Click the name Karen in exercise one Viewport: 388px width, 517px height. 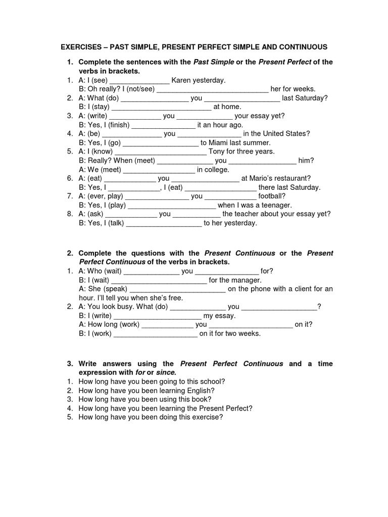182,80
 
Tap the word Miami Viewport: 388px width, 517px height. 220,143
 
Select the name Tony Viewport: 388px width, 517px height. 218,151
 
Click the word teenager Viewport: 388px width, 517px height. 273,205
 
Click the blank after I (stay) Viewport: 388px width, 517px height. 161,107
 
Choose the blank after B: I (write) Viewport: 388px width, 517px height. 158,316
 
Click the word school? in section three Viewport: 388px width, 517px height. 212,382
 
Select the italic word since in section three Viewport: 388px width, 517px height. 166,373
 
